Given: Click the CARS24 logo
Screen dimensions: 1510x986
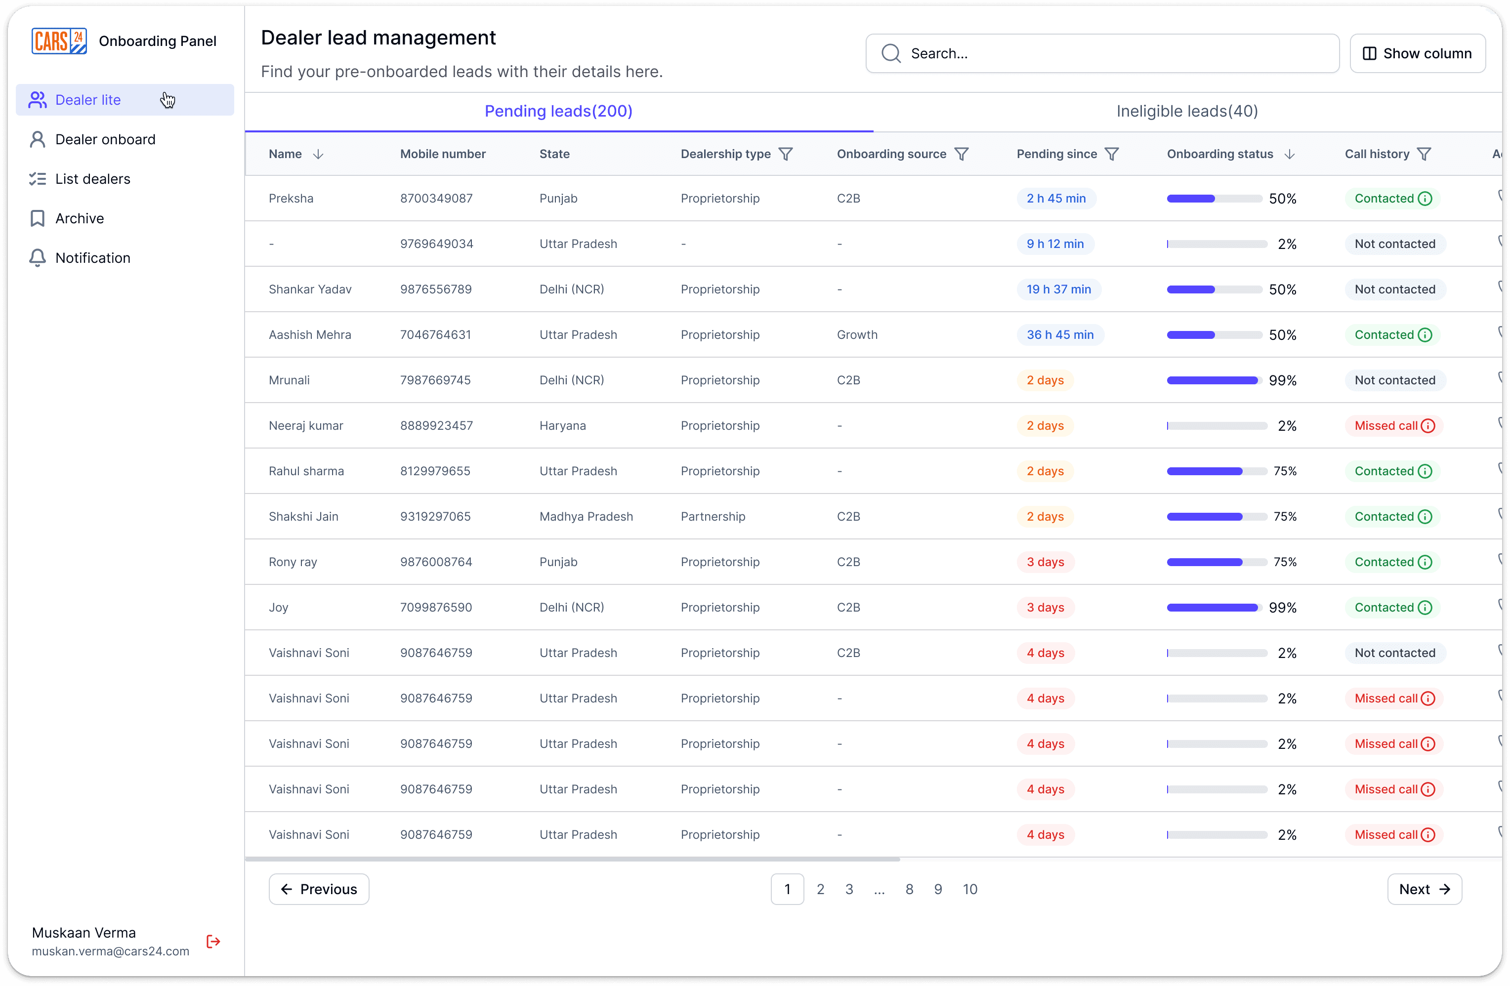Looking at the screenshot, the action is pos(59,41).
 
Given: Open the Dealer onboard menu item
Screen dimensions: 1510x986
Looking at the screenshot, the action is pos(105,140).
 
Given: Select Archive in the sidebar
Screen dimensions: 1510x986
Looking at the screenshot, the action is pos(80,218).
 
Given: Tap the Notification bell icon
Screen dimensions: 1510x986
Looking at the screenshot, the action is pos(38,257).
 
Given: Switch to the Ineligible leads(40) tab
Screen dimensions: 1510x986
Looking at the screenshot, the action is pos(1186,111).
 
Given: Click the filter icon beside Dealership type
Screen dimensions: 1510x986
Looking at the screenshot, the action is pos(786,154).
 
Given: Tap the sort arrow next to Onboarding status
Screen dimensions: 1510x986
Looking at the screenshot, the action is pos(1289,154).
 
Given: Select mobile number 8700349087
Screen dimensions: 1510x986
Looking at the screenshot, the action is pos(436,199).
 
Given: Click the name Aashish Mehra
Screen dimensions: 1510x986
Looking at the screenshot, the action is pos(310,335).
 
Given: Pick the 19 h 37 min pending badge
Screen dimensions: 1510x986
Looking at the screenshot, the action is pos(1058,289).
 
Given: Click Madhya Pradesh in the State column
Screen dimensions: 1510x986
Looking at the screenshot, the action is pos(586,517).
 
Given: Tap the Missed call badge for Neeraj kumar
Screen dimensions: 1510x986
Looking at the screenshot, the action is pos(1394,426).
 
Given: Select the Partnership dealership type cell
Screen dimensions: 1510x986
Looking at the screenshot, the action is pos(713,517).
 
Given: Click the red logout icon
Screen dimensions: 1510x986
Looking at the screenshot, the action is pos(213,941).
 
